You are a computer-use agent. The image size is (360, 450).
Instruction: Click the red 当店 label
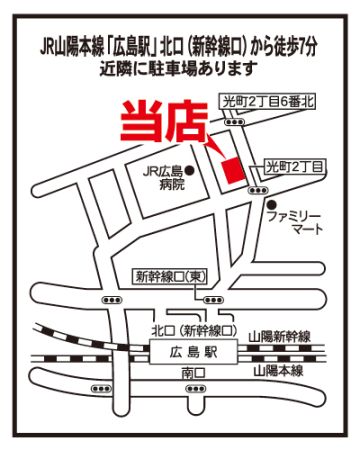(164, 121)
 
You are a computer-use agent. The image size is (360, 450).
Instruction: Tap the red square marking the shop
(233, 170)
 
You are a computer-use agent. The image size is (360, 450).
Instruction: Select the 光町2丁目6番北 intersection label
(268, 101)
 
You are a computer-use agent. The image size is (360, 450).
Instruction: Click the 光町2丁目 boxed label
(294, 167)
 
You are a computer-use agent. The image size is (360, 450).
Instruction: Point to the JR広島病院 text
(163, 179)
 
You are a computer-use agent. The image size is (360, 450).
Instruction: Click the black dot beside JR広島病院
(190, 171)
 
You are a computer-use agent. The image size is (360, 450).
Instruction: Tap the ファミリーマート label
(295, 223)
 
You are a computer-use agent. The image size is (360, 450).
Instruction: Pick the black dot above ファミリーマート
(273, 203)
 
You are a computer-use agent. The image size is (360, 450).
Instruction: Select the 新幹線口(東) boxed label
(170, 277)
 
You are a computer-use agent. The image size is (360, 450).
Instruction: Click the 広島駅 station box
(193, 352)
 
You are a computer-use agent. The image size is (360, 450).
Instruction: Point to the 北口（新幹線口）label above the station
(194, 331)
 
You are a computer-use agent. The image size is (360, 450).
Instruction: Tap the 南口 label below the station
(193, 373)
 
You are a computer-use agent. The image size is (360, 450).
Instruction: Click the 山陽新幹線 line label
(280, 337)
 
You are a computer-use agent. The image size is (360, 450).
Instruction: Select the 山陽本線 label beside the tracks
(278, 371)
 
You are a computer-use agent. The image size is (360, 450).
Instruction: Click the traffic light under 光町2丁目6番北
(235, 122)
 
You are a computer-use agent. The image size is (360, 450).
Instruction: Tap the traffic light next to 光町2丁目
(257, 190)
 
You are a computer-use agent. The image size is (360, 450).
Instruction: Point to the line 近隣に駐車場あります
(179, 69)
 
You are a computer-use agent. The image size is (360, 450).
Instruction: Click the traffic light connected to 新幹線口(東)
(213, 300)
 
